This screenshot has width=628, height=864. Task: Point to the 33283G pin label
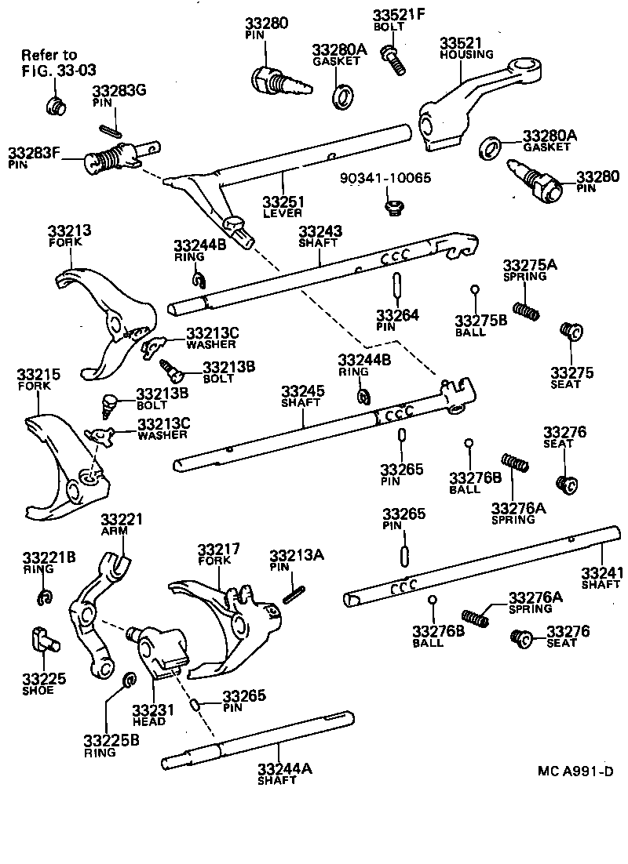point(119,91)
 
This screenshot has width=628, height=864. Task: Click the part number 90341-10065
point(385,179)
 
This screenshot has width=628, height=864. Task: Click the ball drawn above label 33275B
point(475,290)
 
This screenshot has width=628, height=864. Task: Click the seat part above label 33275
point(568,332)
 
